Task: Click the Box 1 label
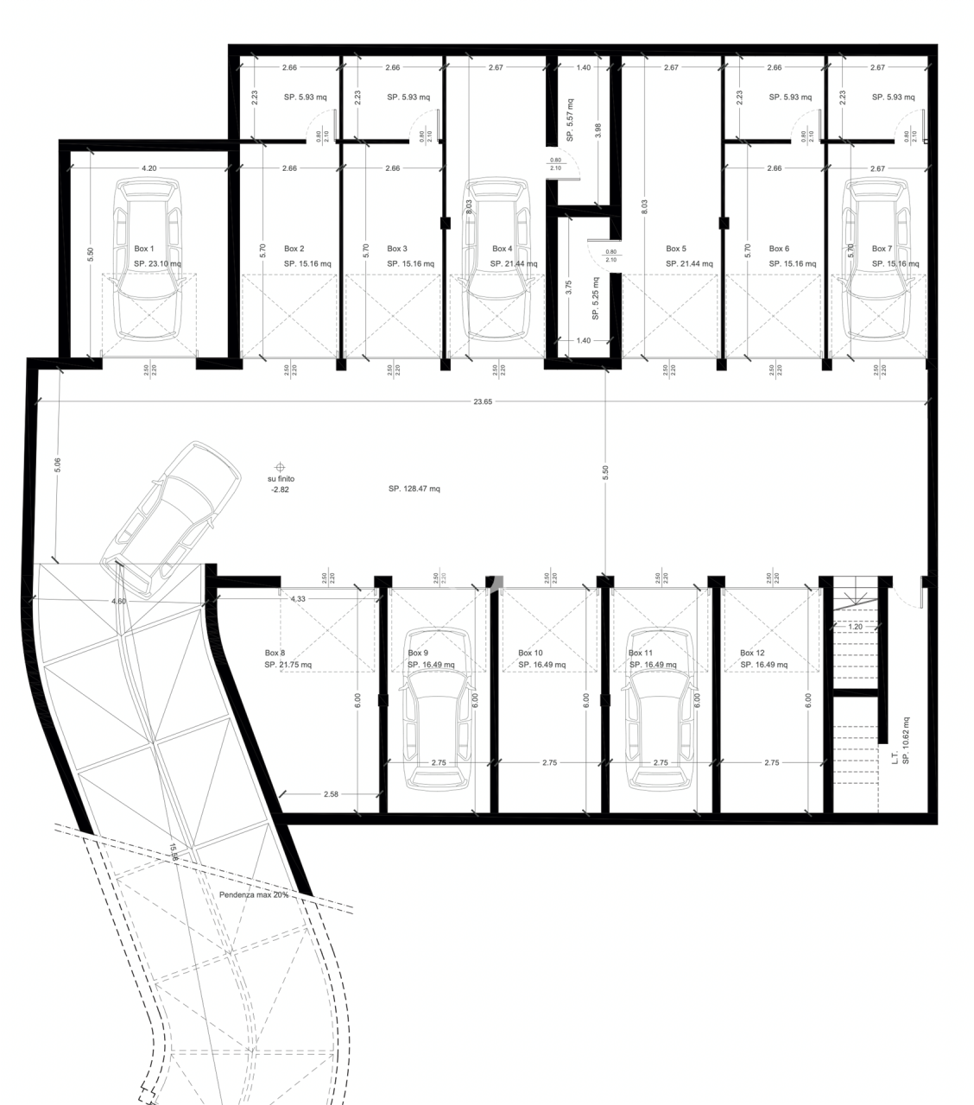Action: coord(144,249)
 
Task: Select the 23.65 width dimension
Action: coord(483,401)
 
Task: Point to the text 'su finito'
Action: coord(281,478)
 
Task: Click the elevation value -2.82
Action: coord(281,489)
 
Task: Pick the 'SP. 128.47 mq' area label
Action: coord(414,489)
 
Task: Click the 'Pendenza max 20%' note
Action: coord(253,895)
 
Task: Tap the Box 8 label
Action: coord(275,654)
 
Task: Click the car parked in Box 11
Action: coord(661,708)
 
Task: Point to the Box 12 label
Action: coord(752,654)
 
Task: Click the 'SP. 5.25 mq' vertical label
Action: coord(596,299)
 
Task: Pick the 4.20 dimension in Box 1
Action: coord(149,168)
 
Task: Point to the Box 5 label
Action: coord(676,249)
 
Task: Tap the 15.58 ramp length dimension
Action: coord(174,853)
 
